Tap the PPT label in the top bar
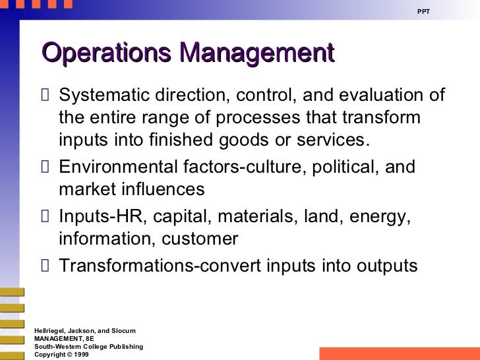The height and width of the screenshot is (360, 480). (424, 12)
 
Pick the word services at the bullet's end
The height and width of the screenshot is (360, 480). (336, 141)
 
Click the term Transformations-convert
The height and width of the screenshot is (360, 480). (161, 265)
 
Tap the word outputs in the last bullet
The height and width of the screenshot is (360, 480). (384, 265)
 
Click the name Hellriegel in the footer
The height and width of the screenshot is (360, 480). (51, 330)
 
